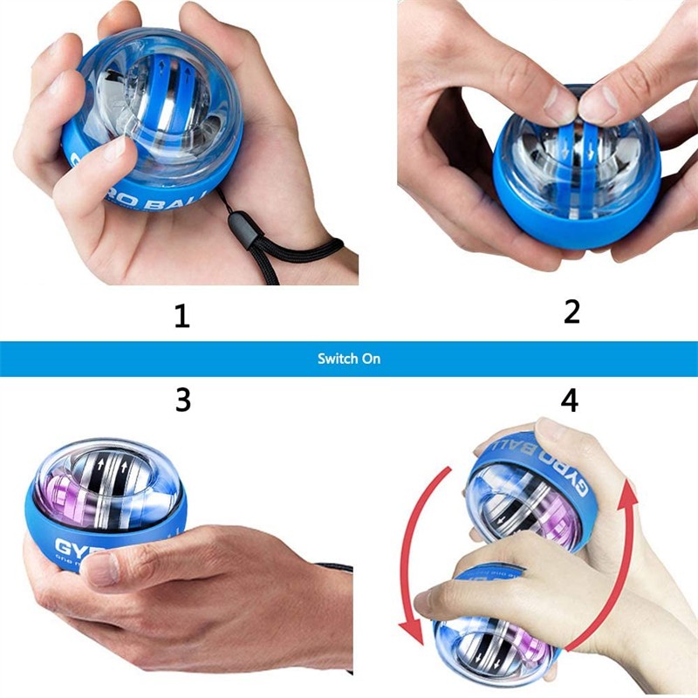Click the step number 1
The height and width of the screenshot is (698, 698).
point(181,315)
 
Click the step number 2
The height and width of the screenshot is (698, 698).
point(571,311)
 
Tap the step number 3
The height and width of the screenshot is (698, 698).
point(182,400)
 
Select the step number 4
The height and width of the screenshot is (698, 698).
point(569,400)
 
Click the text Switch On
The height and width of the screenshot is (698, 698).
point(349,359)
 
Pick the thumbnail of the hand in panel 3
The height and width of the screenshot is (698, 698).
point(104,569)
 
